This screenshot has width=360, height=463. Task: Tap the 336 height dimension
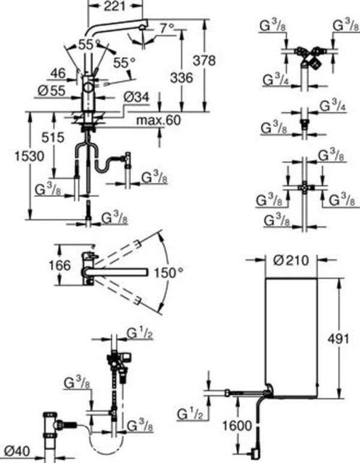(182, 78)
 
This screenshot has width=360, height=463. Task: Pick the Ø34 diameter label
(137, 96)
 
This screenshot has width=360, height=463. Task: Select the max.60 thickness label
(158, 121)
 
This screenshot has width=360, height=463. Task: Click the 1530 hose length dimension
(30, 156)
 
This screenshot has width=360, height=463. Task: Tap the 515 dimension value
(53, 138)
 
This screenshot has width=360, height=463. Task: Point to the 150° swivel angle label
(167, 273)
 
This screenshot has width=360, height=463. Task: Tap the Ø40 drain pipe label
(16, 449)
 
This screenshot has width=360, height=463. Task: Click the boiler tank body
(291, 336)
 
